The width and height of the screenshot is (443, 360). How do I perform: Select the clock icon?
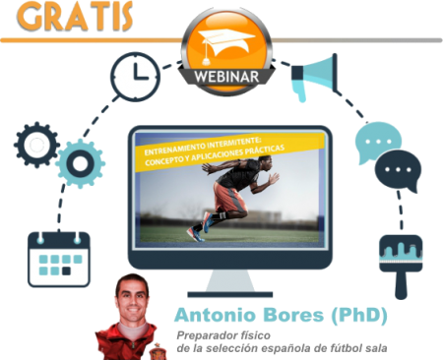click(135, 76)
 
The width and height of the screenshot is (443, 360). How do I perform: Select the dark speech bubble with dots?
click(398, 171)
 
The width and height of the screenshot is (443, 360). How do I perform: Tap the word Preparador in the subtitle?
click(205, 334)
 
